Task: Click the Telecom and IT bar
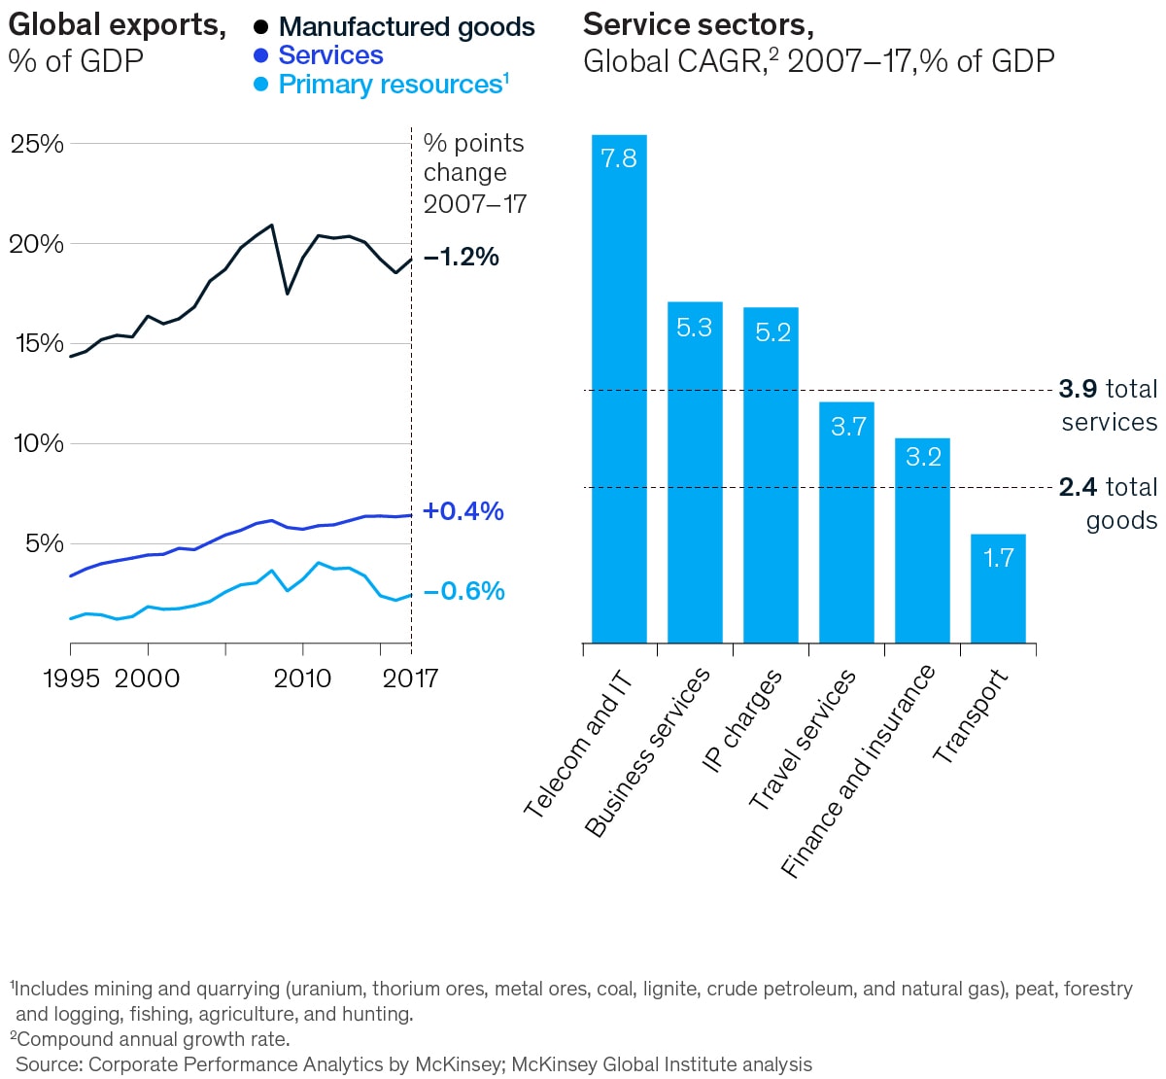click(x=619, y=389)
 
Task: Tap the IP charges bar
click(x=771, y=475)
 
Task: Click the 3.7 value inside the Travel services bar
click(x=848, y=427)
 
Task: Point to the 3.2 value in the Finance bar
click(x=923, y=457)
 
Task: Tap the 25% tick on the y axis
click(x=37, y=144)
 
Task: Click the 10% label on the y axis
click(x=37, y=443)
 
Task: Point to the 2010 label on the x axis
click(x=302, y=679)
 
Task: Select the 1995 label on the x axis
click(x=71, y=679)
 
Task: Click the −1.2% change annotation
click(x=462, y=257)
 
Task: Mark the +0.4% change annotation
click(x=463, y=511)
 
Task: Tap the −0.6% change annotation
click(x=463, y=591)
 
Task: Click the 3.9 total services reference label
click(x=1109, y=404)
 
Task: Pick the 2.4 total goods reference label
click(x=1109, y=503)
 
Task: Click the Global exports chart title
click(x=117, y=25)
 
